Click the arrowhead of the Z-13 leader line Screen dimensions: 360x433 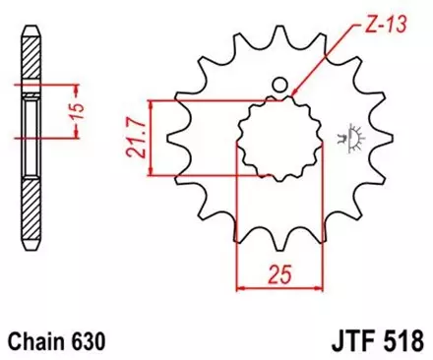point(294,94)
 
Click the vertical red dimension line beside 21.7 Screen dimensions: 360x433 point(149,138)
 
